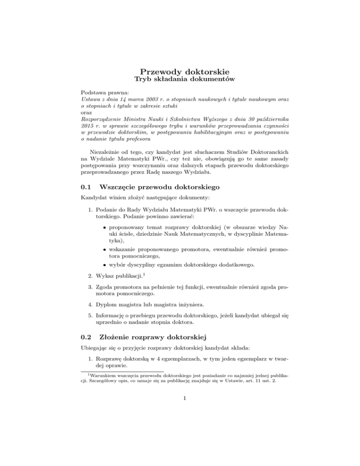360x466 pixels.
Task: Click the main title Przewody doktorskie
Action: pos(180,72)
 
